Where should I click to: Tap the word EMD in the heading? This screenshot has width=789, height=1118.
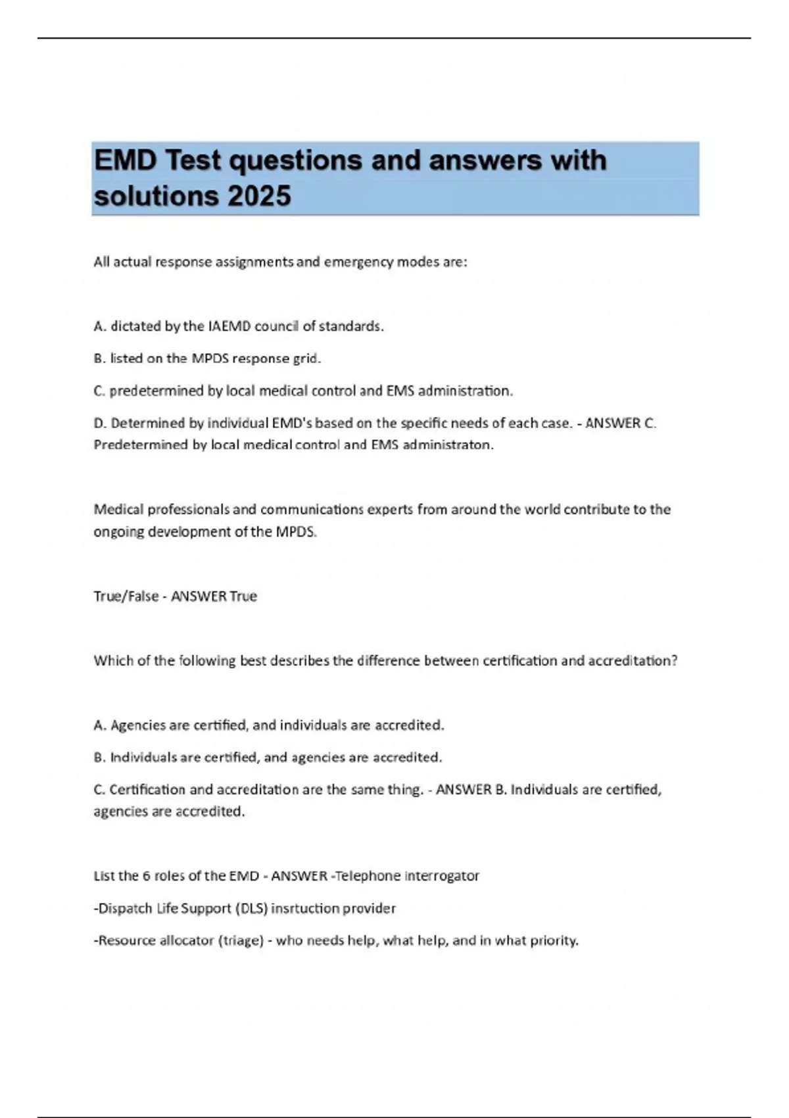coord(126,160)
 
